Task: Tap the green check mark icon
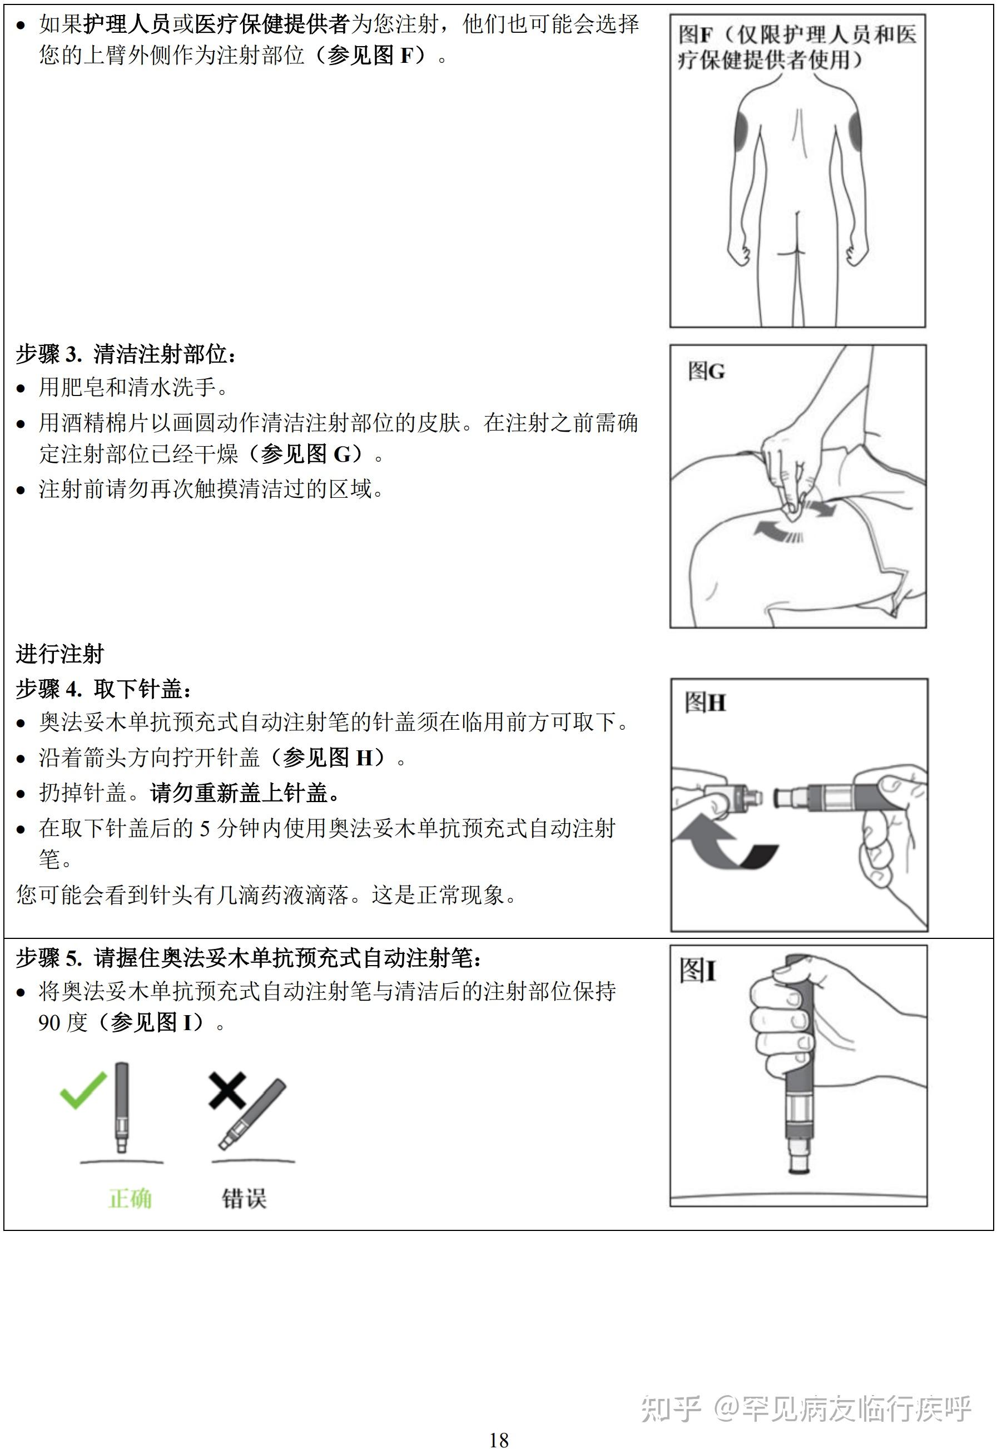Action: [82, 1090]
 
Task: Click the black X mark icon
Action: [226, 1090]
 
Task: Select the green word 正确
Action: [130, 1199]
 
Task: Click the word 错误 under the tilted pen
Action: [244, 1199]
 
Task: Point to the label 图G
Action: [706, 371]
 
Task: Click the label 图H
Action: [705, 703]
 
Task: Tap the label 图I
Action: [697, 971]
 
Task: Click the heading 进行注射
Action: [60, 654]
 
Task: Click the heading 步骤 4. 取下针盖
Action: [103, 689]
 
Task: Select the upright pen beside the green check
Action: [121, 1106]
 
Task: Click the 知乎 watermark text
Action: [672, 1409]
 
